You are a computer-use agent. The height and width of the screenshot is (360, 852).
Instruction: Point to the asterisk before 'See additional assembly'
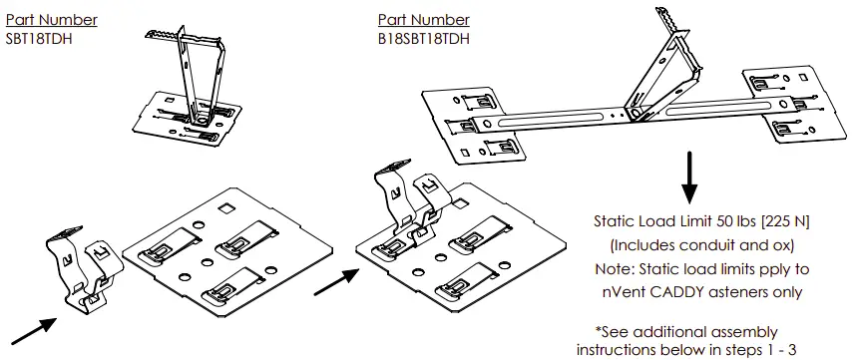(x=598, y=329)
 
